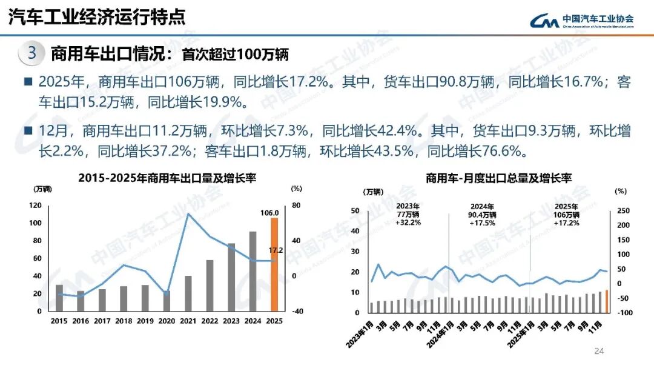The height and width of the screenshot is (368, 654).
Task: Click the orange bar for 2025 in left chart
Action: tap(274, 264)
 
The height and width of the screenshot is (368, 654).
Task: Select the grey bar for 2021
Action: tap(188, 293)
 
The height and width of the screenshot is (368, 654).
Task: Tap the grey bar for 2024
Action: tap(253, 271)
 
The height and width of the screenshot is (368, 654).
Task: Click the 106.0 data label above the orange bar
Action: tap(269, 213)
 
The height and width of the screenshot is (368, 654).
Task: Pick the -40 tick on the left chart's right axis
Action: tap(297, 312)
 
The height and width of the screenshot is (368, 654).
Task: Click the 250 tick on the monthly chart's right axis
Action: tap(623, 211)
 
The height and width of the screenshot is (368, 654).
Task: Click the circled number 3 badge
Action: tap(32, 53)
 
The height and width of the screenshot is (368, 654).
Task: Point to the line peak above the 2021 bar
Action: tap(188, 213)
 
